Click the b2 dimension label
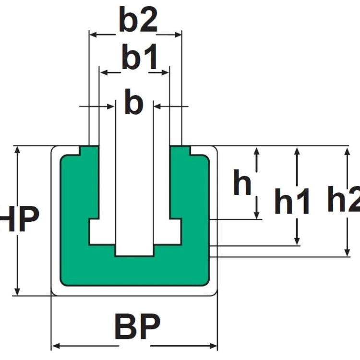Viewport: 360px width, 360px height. click(138, 19)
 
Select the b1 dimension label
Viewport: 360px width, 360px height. click(140, 57)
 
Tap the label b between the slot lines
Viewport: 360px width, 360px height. click(134, 101)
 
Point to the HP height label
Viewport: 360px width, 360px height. click(19, 219)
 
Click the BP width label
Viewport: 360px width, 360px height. click(137, 326)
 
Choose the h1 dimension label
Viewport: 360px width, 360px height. click(292, 201)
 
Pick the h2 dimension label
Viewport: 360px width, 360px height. click(344, 199)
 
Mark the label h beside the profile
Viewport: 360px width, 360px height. click(242, 182)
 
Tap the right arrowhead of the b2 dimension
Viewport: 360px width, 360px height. click(178, 35)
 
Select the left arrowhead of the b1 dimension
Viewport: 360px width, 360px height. click(104, 73)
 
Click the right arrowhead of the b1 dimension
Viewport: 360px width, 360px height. click(165, 73)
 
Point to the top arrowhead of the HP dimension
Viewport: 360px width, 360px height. click(17, 150)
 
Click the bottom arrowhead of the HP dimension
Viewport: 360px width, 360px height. click(17, 292)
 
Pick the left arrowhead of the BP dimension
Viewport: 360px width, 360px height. click(56, 346)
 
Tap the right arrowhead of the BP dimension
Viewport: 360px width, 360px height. click(214, 346)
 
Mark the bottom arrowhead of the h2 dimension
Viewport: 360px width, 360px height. click(348, 252)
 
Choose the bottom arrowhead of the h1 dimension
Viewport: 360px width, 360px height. click(297, 241)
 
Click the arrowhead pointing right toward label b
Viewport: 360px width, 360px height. click(111, 107)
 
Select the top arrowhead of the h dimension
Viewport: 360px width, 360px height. click(257, 151)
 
